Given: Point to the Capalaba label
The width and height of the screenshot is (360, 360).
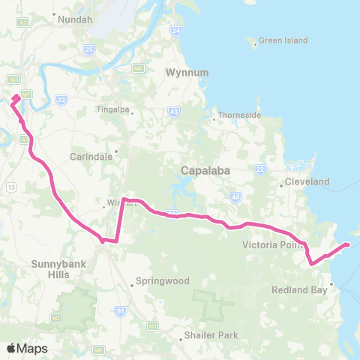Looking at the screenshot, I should coord(205,171).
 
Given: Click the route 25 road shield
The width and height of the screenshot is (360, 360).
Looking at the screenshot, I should coord(89,50).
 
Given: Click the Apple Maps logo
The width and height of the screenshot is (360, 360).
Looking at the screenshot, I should coord(27,348).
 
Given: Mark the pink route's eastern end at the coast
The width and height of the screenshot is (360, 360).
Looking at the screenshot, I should coord(348,244).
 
